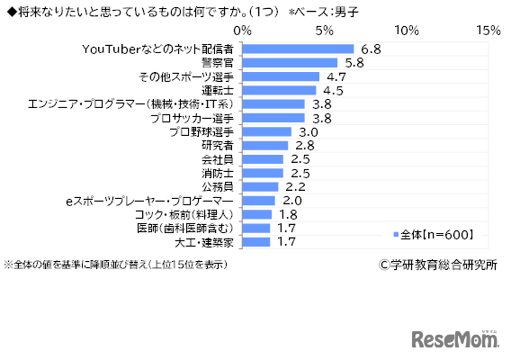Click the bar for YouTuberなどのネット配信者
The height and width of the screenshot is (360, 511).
(298, 49)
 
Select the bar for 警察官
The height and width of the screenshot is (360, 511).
(290, 63)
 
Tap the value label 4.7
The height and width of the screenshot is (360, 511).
(335, 77)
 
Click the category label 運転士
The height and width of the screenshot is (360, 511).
(216, 91)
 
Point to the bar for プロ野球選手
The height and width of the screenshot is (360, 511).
(266, 131)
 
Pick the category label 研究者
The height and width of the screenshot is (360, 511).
(216, 146)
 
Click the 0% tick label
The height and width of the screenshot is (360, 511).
(242, 30)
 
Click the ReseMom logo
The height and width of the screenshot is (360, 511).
(455, 338)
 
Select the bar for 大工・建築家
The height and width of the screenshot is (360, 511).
(255, 241)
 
